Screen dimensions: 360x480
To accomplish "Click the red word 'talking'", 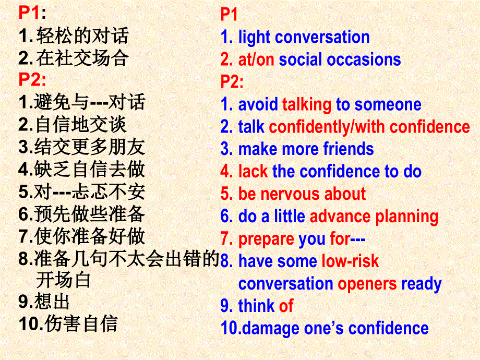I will (306, 104).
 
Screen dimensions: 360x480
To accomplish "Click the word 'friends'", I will (348, 149).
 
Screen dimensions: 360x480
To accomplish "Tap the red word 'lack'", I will (253, 172).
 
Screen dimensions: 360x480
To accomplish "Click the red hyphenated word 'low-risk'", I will (350, 261).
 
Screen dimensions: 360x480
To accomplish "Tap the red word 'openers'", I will (367, 284).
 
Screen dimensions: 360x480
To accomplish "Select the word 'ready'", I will (422, 284).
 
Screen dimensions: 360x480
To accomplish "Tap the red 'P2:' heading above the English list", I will (232, 82).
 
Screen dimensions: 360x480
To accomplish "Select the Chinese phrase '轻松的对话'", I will (82, 36).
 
